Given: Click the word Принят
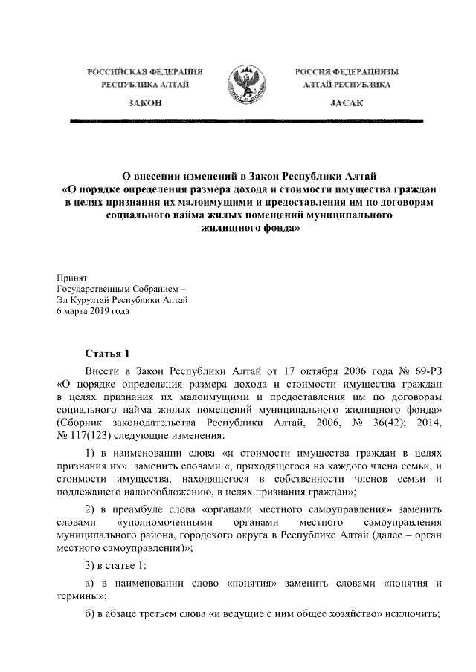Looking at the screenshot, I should pyautogui.click(x=72, y=275).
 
